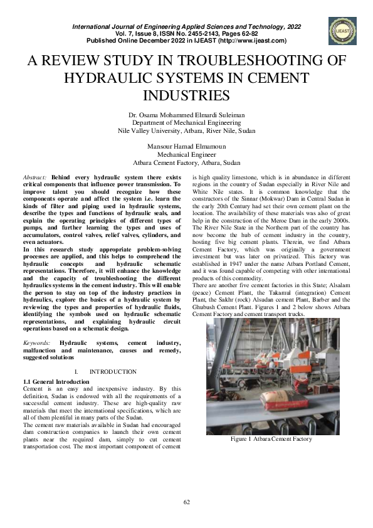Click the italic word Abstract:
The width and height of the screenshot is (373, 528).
(35, 178)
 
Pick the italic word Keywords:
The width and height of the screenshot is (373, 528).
(36, 343)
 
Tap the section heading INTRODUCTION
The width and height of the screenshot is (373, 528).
(113, 372)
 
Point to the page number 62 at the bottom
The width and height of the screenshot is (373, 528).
(186, 502)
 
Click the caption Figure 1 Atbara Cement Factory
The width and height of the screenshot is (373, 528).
(271, 439)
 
